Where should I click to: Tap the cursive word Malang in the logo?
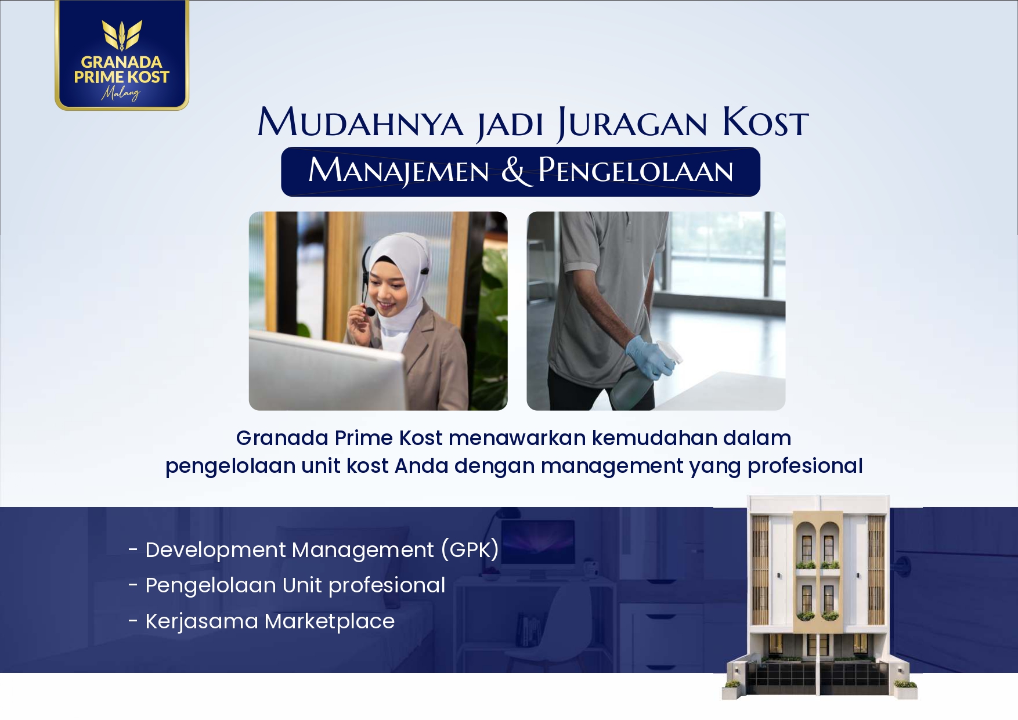(121, 93)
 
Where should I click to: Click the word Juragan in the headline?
(633, 124)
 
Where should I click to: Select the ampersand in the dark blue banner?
(514, 171)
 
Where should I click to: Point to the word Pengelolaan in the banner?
(636, 171)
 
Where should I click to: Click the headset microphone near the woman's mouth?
(370, 312)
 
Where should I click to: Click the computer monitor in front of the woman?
(325, 371)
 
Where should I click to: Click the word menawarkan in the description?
(517, 438)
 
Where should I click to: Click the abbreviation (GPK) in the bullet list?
(470, 550)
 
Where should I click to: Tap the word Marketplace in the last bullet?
(329, 621)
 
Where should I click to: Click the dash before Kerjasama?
(133, 621)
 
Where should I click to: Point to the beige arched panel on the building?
(818, 557)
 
